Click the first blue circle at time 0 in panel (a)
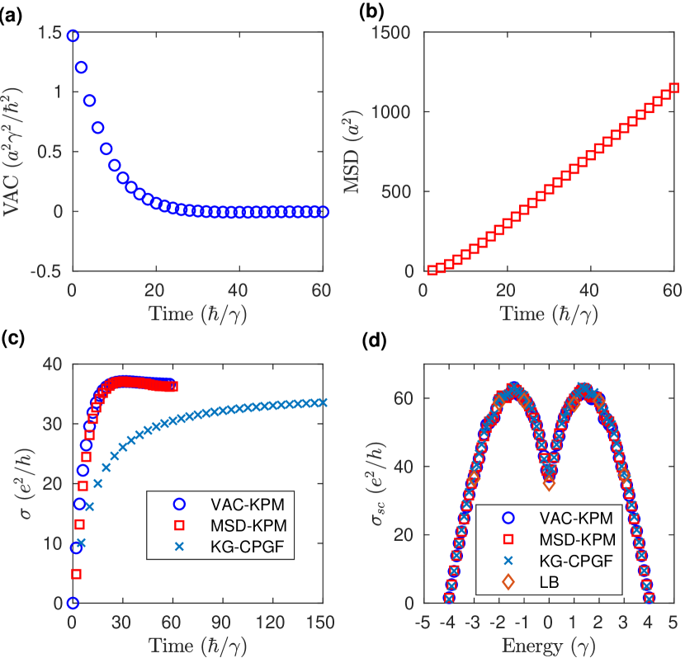[73, 35]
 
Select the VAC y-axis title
[14, 153]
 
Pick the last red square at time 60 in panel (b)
[674, 87]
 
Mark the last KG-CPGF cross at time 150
[323, 402]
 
